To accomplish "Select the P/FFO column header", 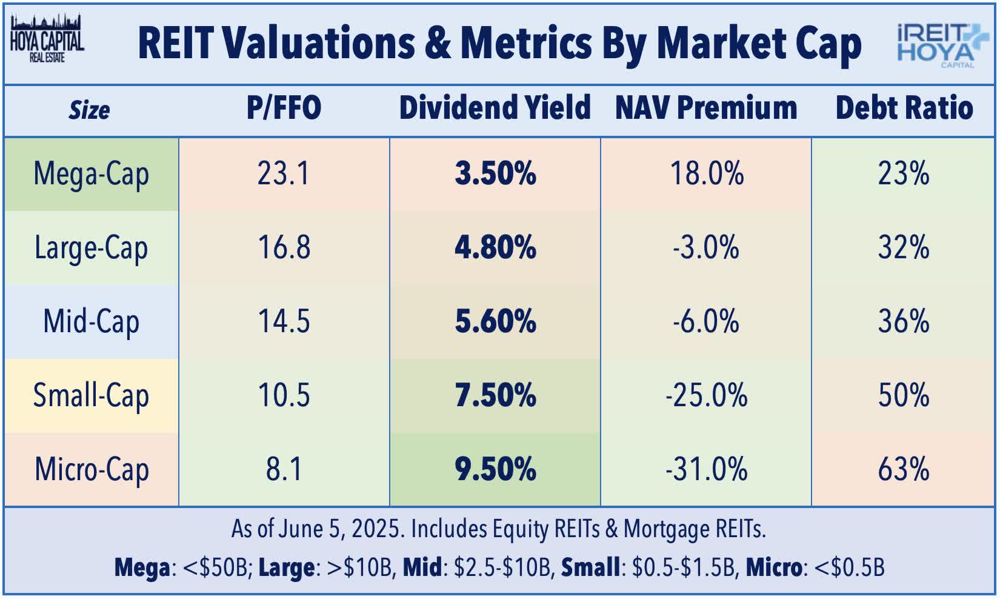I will tap(284, 109).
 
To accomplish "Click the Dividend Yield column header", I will tap(495, 109).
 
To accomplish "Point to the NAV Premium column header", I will tap(706, 109).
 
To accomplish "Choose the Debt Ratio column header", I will tap(904, 109).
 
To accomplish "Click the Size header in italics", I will tap(89, 110).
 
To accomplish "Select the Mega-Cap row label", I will tap(92, 175).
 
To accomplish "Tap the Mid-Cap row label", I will tap(92, 322).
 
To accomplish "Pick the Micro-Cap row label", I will tap(92, 470).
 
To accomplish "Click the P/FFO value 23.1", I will tap(284, 174).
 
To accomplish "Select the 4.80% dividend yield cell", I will tap(495, 248).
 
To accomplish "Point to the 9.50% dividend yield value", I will tap(495, 470).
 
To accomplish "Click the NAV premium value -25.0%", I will tap(706, 396).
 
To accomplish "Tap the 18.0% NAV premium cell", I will tap(706, 174).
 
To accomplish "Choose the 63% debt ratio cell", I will tap(904, 470).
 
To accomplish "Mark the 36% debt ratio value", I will tap(904, 322).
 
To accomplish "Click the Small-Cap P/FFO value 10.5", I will tap(284, 396).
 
